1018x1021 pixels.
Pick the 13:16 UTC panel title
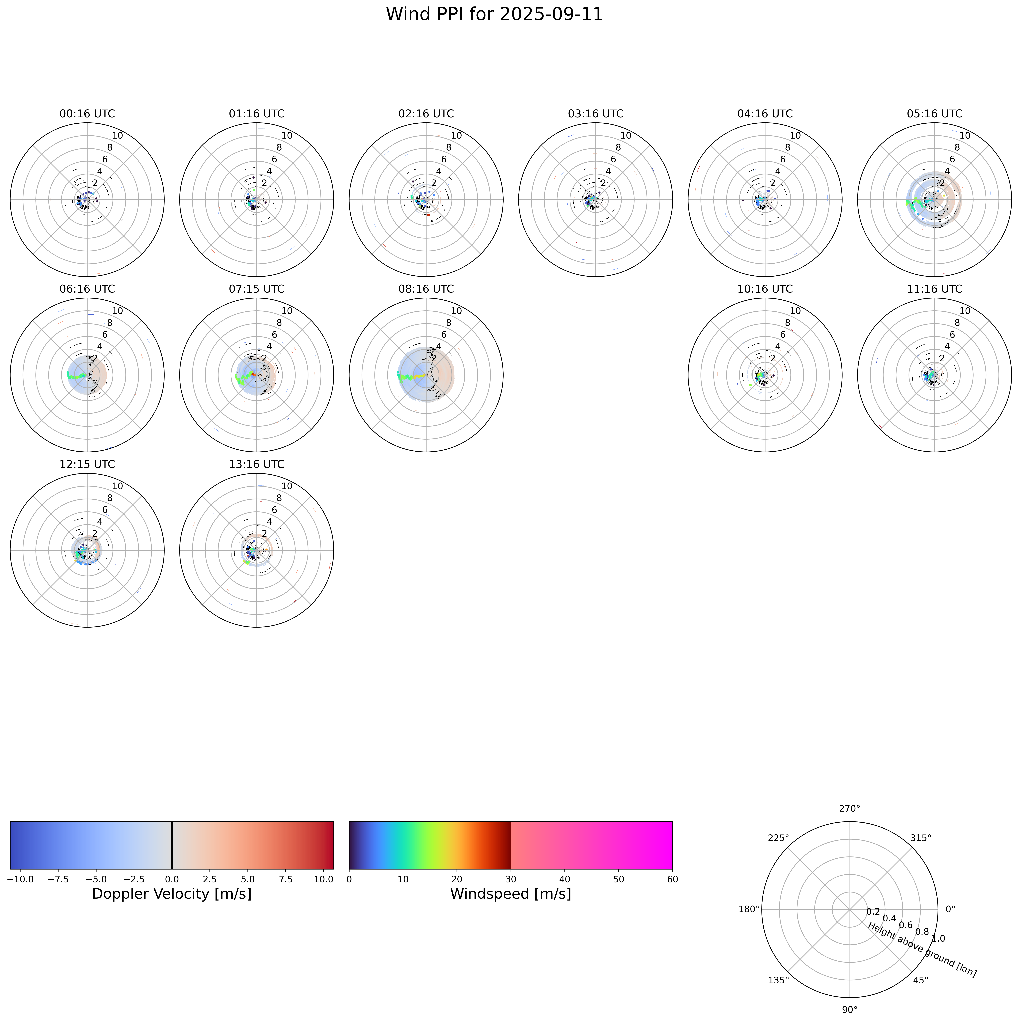pyautogui.click(x=257, y=464)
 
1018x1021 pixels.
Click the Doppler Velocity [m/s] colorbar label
pyautogui.click(x=172, y=894)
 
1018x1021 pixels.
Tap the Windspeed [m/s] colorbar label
pyautogui.click(x=511, y=894)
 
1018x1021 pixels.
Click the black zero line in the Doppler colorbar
pyautogui.click(x=172, y=845)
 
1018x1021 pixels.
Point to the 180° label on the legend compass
pyautogui.click(x=749, y=909)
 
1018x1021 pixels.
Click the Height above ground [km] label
pyautogui.click(x=922, y=950)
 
